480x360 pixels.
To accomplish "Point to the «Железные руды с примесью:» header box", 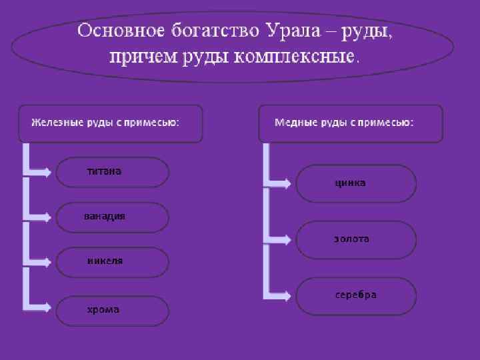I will pos(111,123).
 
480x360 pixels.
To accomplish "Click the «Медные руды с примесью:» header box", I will pos(350,123).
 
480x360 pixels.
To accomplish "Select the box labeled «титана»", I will pos(112,173).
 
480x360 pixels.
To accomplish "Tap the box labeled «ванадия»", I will pos(112,217).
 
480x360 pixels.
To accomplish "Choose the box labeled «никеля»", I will pos(112,262).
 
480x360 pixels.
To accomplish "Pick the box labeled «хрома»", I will pos(112,311).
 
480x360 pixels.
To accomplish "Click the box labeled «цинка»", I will pos(356,183).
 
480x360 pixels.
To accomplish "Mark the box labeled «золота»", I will pos(356,239).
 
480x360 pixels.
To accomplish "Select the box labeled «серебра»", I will pos(356,295).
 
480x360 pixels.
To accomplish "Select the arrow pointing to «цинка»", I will pos(280,182).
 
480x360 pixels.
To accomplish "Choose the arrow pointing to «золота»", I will pos(280,238).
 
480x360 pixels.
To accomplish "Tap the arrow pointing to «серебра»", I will pos(280,294).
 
